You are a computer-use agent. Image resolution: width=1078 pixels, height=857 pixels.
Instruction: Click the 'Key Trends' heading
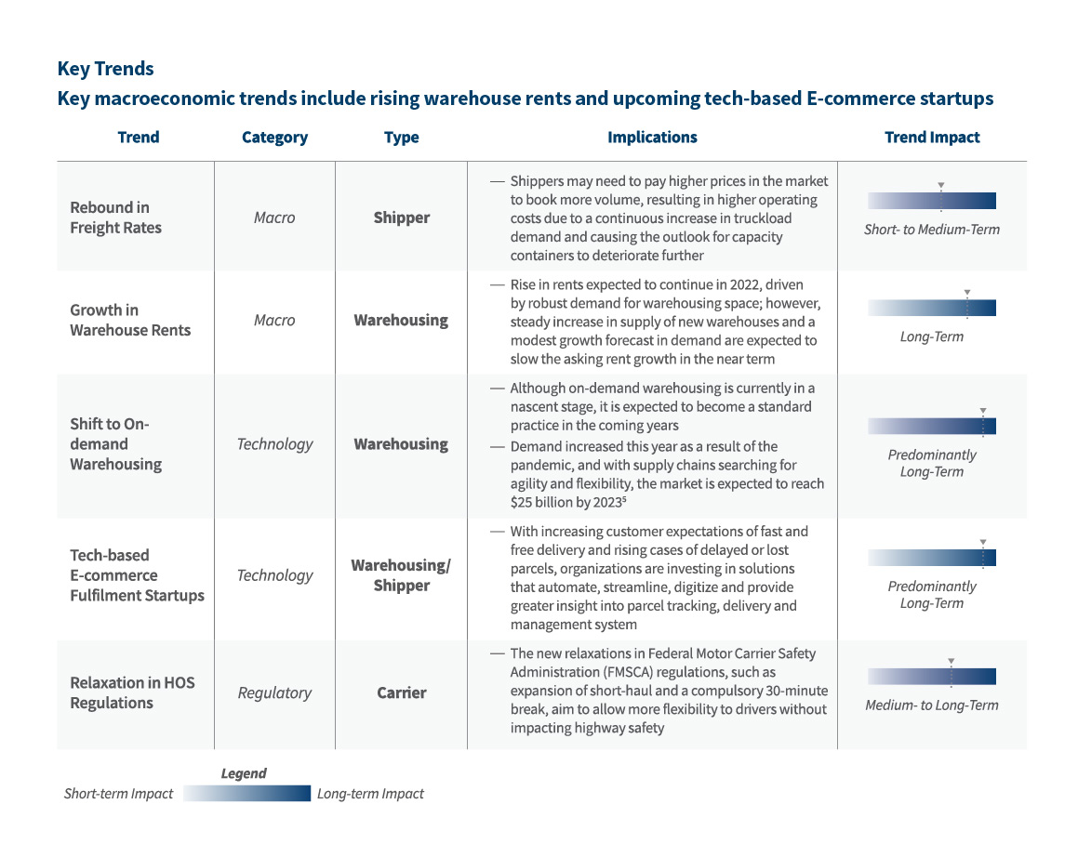click(x=105, y=69)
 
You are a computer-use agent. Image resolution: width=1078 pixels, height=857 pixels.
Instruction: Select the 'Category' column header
click(x=274, y=138)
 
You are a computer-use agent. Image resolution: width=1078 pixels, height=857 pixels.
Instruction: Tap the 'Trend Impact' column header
click(x=931, y=138)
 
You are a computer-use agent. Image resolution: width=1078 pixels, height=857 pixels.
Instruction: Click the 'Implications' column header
click(x=652, y=138)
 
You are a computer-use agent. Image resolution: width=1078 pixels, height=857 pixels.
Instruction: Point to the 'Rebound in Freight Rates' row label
click(x=115, y=218)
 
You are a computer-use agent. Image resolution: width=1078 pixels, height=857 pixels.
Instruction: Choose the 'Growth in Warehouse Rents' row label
click(x=130, y=320)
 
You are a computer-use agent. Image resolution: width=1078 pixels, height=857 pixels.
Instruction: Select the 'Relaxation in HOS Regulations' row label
click(x=132, y=692)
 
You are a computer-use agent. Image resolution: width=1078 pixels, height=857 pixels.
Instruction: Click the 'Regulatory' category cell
click(x=274, y=692)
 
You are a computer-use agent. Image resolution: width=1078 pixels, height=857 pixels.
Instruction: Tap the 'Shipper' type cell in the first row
click(x=401, y=218)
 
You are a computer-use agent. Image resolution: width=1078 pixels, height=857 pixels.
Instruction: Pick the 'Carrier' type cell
click(x=401, y=692)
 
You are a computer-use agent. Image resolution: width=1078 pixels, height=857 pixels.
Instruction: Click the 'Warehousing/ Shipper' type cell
click(x=401, y=575)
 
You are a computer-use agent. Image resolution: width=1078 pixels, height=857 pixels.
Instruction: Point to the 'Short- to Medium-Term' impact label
click(x=931, y=230)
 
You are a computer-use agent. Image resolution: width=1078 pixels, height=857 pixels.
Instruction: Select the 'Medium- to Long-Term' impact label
click(x=931, y=705)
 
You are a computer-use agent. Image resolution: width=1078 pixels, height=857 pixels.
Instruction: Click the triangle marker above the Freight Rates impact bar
click(x=940, y=185)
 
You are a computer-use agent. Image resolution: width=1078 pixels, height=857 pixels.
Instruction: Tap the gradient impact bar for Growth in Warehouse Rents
click(x=931, y=308)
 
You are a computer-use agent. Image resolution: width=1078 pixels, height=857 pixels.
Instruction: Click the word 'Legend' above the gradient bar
click(x=244, y=773)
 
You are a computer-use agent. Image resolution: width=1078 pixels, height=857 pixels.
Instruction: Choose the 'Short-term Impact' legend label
click(x=118, y=794)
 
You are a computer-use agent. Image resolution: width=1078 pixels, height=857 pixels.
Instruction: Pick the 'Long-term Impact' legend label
click(x=370, y=794)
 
